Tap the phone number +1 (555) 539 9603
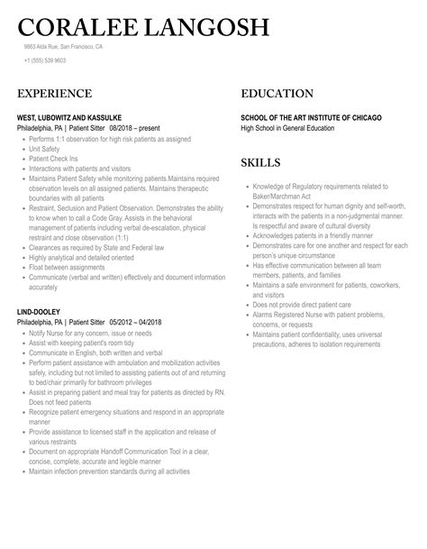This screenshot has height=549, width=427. [x=46, y=60]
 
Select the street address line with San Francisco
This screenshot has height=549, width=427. [x=63, y=46]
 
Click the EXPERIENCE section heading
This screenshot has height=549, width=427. [x=53, y=94]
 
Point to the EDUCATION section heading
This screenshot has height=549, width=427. [x=277, y=94]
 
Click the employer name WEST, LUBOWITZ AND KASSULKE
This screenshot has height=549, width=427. [x=70, y=118]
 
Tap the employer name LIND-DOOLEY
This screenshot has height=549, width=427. [x=40, y=311]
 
